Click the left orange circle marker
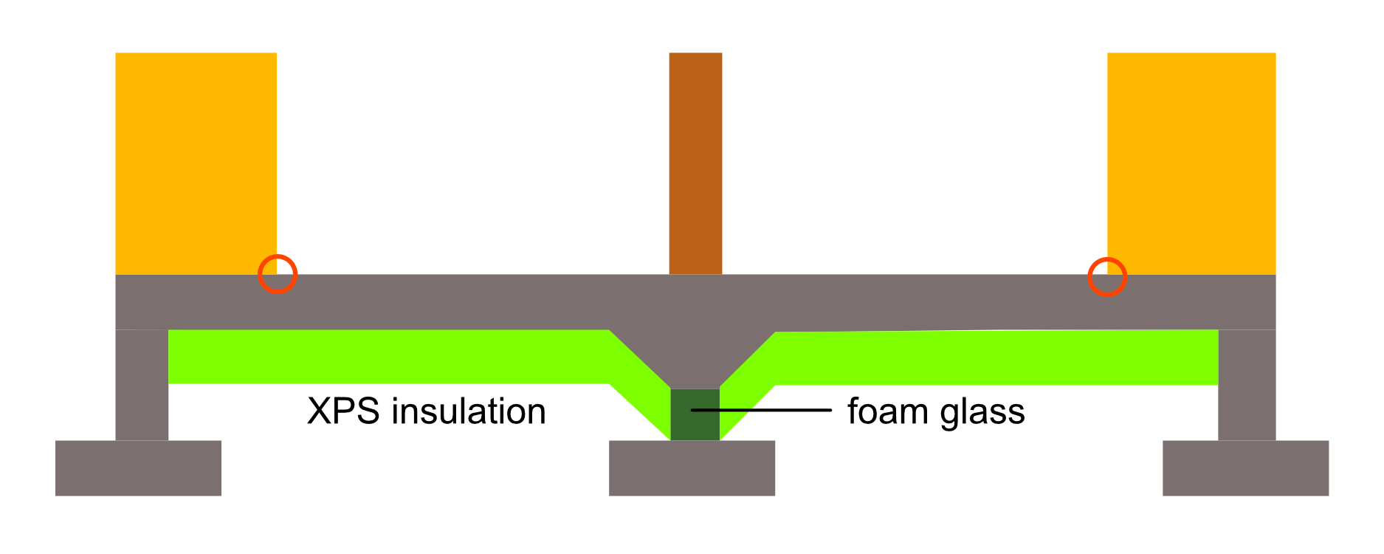coord(278,274)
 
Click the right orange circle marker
coord(1107,277)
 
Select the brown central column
coord(695,163)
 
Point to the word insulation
coord(469,411)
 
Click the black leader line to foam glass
coord(775,409)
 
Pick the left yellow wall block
coord(196,163)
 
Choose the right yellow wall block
coord(1191,163)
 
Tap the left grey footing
coord(138,468)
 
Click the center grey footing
coord(692,468)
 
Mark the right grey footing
coord(1245,468)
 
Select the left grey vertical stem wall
coord(142,384)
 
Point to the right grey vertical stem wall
coord(1247,384)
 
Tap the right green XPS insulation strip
coord(996,358)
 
